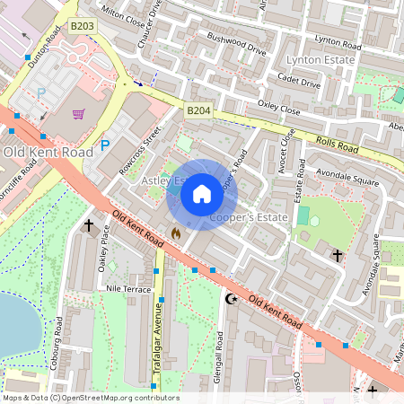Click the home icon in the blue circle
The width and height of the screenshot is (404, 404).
[201, 194]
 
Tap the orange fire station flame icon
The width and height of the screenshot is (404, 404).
[175, 233]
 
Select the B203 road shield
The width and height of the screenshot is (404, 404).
[82, 27]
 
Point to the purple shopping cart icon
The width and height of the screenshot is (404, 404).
[79, 114]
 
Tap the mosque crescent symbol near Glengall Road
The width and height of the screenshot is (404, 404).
[232, 298]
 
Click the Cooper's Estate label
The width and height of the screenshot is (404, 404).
[248, 217]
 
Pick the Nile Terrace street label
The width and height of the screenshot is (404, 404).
[128, 290]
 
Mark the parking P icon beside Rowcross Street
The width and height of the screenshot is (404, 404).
[104, 145]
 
